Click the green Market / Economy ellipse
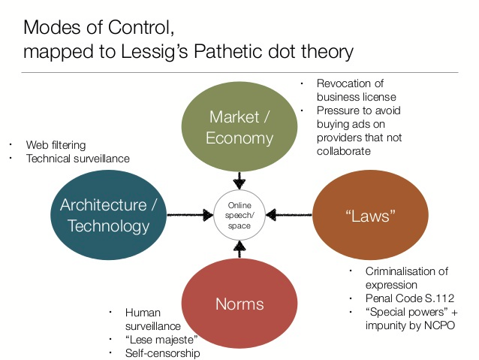239,126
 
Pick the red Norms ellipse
239,304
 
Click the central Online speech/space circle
239,215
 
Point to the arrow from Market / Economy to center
239,180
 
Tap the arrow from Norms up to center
239,250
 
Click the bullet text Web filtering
56,144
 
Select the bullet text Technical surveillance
78,159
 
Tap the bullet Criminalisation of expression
405,277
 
